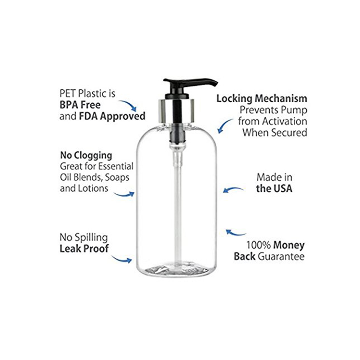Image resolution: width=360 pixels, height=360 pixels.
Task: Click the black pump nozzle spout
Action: point(190,83)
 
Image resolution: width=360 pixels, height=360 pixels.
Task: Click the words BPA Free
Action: point(80,105)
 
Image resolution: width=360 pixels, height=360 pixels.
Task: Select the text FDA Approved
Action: point(112,116)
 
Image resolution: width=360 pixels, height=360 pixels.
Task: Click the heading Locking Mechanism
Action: point(262,99)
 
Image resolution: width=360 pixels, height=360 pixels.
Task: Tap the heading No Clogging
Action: point(86,156)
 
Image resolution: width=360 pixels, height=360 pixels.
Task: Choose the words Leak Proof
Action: point(84,249)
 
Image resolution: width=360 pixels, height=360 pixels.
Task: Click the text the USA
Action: point(274,189)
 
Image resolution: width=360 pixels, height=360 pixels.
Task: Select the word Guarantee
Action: point(281,256)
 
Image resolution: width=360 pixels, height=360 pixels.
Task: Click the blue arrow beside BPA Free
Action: point(128,105)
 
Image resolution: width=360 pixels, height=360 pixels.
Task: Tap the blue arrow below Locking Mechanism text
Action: point(225,125)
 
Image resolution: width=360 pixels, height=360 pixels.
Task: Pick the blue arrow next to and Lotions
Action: point(124,195)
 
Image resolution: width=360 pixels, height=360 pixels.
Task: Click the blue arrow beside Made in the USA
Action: point(233,189)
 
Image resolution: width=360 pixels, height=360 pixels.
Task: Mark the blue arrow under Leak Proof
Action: point(122,260)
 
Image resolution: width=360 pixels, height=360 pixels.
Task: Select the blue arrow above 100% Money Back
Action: point(235,233)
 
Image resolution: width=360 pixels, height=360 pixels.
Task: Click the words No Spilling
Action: point(84,237)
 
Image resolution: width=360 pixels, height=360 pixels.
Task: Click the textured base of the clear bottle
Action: point(176,270)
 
